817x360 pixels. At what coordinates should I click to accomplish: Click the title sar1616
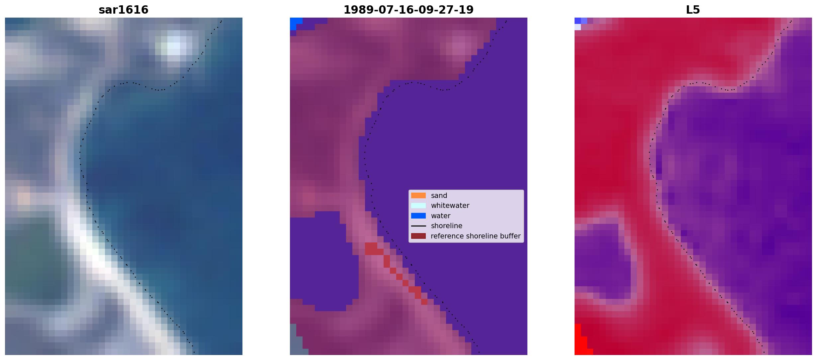124,10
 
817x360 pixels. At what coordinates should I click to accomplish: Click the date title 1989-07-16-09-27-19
408,10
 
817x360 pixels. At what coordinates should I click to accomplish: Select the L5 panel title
693,10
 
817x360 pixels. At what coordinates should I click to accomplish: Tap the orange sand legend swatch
418,196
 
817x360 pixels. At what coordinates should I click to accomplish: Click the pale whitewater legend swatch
418,206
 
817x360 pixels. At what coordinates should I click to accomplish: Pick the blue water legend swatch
418,216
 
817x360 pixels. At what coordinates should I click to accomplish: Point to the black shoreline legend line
418,226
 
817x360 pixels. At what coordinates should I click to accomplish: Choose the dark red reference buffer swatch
418,236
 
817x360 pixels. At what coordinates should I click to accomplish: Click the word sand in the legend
439,196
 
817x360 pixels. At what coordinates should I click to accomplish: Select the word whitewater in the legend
450,206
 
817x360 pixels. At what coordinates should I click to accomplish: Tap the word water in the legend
441,216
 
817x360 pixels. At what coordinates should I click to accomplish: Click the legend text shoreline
447,226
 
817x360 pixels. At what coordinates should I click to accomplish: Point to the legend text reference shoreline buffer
476,236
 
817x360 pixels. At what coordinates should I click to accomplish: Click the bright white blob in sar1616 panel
174,46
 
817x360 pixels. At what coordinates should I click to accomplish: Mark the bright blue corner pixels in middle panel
295,23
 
